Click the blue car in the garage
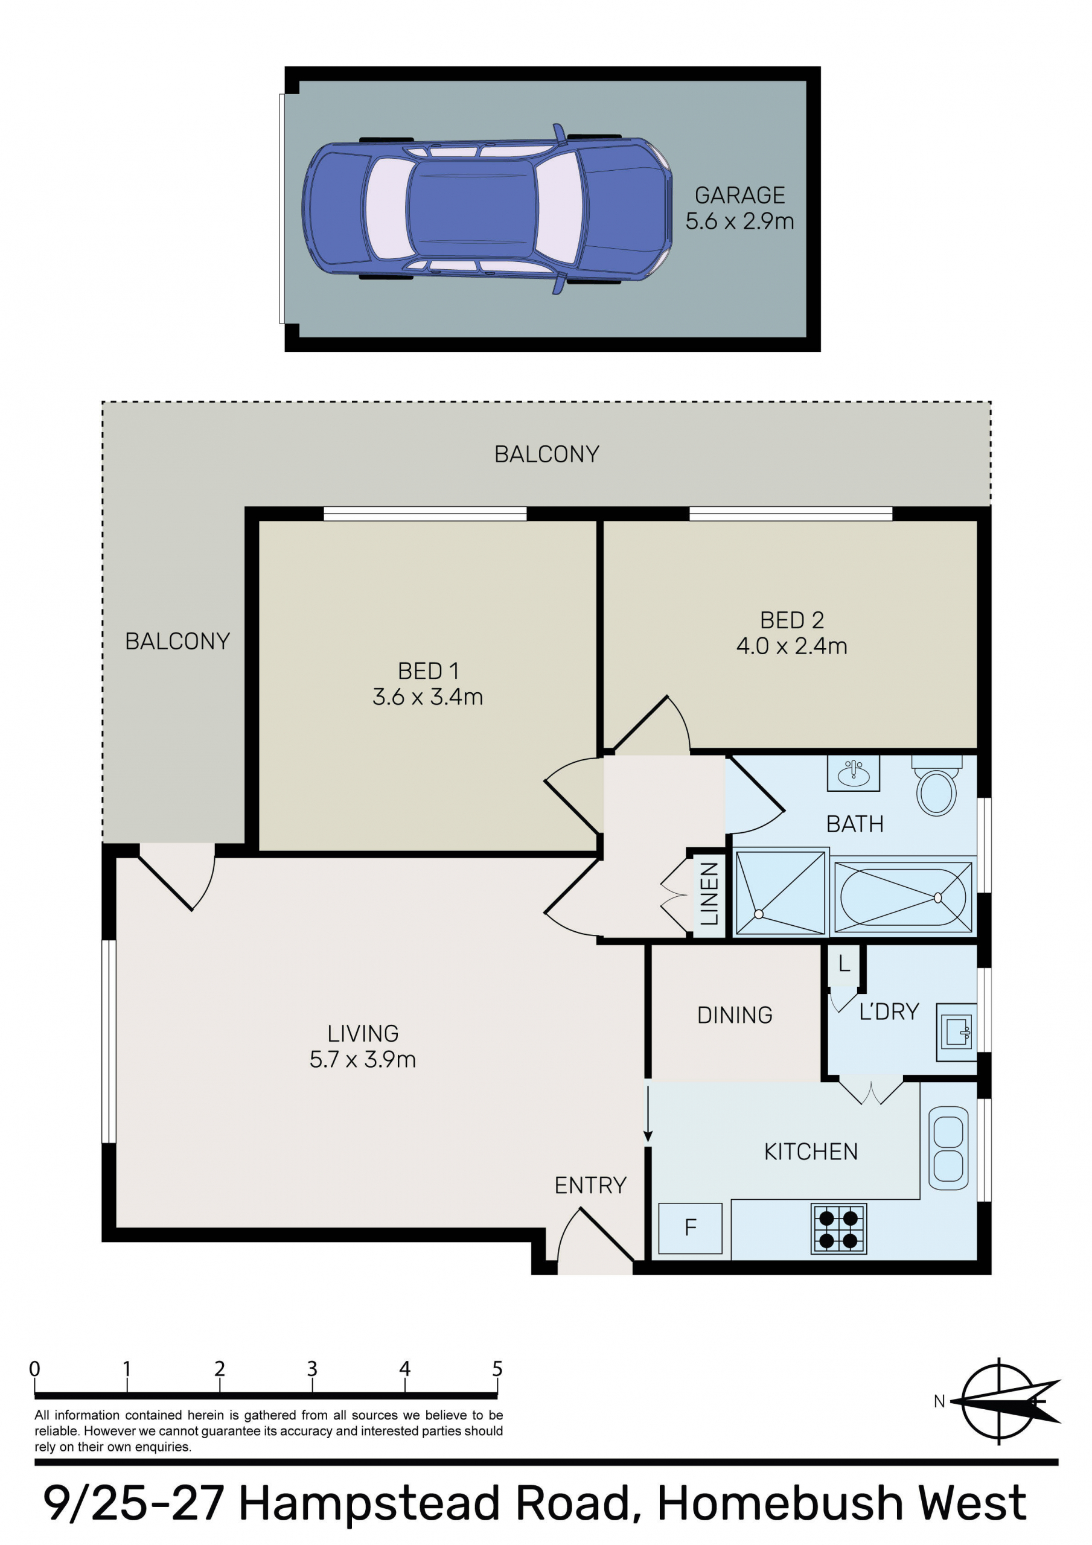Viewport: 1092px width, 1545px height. [x=487, y=209]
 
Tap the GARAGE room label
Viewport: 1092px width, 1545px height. [x=740, y=195]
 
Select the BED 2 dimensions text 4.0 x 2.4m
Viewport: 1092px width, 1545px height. [x=792, y=646]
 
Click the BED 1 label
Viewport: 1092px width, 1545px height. [x=428, y=671]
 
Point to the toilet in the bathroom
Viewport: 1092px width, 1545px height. [x=936, y=785]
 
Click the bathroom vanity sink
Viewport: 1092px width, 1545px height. [x=853, y=773]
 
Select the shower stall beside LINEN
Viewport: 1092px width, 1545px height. [x=781, y=892]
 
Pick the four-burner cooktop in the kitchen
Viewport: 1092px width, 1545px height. [x=839, y=1229]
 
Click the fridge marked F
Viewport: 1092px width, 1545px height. [x=690, y=1228]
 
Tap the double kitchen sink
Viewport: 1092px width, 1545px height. [x=948, y=1148]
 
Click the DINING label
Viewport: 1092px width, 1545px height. [x=735, y=1015]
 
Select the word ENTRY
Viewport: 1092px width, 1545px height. [x=590, y=1185]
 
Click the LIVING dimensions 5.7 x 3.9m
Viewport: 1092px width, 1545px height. [x=363, y=1060]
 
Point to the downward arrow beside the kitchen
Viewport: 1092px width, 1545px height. [x=648, y=1112]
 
